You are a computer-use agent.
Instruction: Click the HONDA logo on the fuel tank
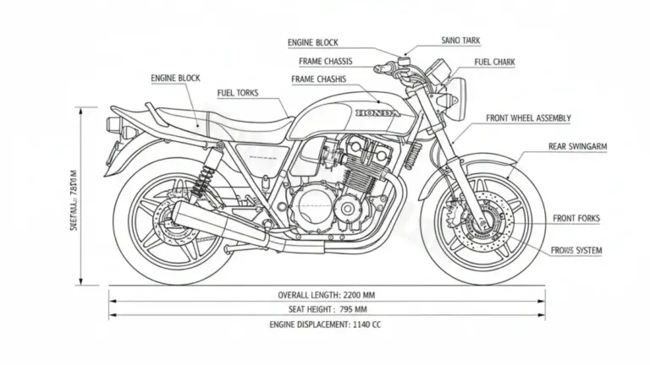[379, 113]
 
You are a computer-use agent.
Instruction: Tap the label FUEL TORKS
[238, 93]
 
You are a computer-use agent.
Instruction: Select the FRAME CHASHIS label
[318, 79]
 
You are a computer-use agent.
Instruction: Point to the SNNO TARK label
[462, 40]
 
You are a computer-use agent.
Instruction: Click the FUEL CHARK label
[493, 62]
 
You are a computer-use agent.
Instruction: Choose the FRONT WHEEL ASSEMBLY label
[529, 117]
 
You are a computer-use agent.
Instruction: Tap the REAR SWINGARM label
[577, 146]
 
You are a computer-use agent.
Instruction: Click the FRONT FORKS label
[576, 218]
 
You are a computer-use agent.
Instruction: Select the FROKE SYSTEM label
[576, 251]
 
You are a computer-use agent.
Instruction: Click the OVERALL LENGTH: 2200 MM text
[328, 295]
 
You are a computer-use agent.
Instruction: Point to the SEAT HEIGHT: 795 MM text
[328, 309]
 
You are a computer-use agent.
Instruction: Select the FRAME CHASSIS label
[326, 61]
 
